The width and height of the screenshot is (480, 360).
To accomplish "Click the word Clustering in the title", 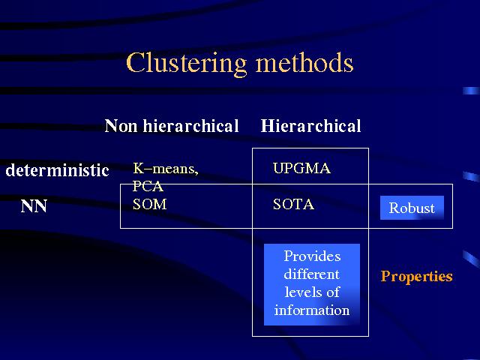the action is tap(186, 64).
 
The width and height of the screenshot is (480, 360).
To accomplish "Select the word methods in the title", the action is tap(304, 62).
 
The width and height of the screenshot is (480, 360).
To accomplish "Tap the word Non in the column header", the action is tap(121, 126).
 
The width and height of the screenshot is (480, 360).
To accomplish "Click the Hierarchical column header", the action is tap(310, 126).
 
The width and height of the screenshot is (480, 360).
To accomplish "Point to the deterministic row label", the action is tap(57, 170).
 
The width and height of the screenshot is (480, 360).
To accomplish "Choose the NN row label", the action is tap(34, 206).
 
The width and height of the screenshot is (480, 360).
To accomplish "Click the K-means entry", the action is tap(166, 168).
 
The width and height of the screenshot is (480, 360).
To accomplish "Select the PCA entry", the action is tap(148, 186).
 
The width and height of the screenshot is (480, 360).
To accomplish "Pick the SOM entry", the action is tap(150, 204).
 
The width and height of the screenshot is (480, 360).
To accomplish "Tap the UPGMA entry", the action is tap(301, 168).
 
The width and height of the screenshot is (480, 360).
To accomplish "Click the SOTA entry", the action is tap(293, 204).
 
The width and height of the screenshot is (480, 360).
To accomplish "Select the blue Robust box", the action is tap(412, 208).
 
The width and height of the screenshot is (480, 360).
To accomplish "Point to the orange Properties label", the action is tap(417, 276).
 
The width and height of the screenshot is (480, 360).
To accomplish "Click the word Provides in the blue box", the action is tap(312, 256).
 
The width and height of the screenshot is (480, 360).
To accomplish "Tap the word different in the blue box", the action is tap(312, 274).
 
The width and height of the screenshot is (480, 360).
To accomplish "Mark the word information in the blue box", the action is tap(312, 310).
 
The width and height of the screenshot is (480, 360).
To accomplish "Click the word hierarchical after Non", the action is tap(190, 126).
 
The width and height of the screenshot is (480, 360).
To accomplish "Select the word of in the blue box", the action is tap(333, 292).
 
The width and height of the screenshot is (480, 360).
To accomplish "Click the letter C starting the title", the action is tap(135, 63).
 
